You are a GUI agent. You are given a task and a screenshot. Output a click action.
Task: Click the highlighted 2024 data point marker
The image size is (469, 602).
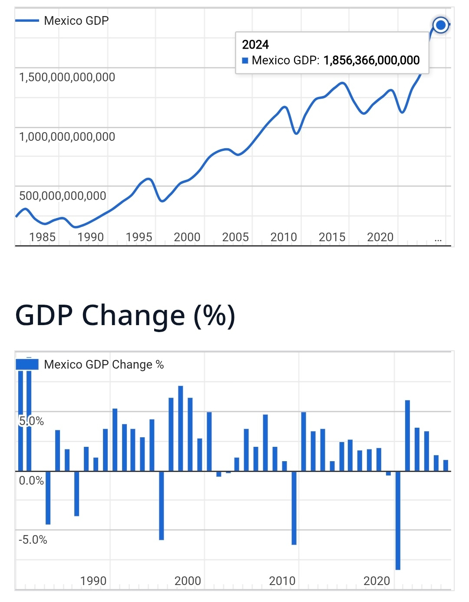click(440, 25)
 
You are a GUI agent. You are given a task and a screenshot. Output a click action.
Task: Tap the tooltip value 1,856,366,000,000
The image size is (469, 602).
click(371, 60)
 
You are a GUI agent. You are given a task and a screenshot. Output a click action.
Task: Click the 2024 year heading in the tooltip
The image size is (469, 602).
click(255, 45)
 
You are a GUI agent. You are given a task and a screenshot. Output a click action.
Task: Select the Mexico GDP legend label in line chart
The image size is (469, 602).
click(76, 20)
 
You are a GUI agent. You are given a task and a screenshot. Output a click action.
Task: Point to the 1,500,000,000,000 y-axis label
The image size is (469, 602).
click(67, 77)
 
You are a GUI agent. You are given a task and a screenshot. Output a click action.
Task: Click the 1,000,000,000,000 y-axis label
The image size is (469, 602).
click(67, 137)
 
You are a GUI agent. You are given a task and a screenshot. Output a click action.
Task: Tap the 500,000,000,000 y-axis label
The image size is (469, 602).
click(63, 196)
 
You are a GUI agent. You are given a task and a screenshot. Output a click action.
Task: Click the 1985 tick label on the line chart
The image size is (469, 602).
click(43, 237)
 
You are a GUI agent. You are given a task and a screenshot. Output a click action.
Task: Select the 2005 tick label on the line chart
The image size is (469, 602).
click(235, 237)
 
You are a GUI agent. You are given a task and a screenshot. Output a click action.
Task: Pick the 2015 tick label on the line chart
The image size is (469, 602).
click(332, 237)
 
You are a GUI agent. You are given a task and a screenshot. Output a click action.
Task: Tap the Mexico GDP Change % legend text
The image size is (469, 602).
click(104, 365)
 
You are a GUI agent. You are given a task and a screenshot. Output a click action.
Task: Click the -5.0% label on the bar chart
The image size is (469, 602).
click(33, 540)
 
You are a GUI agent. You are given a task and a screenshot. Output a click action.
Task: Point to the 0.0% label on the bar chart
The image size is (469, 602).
click(31, 481)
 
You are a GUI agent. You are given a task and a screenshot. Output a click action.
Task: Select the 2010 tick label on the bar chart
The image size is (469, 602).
click(282, 581)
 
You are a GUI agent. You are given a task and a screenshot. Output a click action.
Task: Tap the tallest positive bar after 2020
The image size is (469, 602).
click(407, 435)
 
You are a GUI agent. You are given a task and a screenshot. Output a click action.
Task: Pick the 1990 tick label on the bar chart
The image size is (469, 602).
click(93, 581)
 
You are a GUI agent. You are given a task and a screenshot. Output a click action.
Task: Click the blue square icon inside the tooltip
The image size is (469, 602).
click(245, 60)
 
